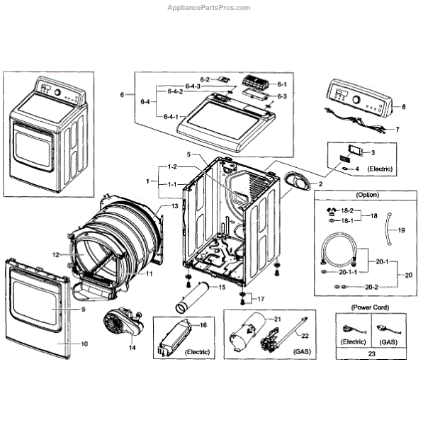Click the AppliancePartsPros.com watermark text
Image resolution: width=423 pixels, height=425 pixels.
(209, 8)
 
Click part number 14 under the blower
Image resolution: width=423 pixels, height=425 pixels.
(132, 348)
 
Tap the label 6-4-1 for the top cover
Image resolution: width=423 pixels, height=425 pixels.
(171, 117)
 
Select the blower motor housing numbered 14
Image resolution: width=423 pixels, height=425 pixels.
(123, 323)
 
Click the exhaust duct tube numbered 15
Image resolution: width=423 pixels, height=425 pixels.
(192, 297)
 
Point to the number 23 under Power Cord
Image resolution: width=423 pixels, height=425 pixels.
(371, 353)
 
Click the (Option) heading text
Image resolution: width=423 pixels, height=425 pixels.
(368, 195)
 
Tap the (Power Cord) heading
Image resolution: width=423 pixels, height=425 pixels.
(370, 307)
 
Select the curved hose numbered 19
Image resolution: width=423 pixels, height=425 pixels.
(388, 229)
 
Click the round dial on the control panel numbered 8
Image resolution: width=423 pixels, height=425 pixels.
(356, 99)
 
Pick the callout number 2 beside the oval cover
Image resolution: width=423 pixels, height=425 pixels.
(320, 184)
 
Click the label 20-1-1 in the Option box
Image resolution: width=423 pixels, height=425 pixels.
(348, 272)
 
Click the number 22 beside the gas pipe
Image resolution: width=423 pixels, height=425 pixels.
(305, 336)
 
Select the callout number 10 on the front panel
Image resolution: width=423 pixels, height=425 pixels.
(84, 344)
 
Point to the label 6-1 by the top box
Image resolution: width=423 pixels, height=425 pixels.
(282, 84)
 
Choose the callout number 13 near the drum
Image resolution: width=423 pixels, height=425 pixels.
(174, 206)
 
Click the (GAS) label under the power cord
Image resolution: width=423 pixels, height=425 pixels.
(388, 342)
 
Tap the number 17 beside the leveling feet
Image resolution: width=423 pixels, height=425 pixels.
(261, 299)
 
